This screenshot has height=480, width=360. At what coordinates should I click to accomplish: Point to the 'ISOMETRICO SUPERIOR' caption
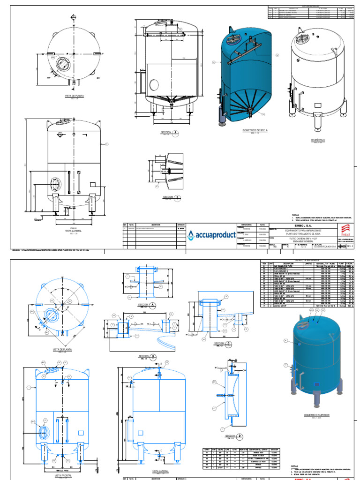[317, 415]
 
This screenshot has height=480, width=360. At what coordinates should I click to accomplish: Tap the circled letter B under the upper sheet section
[177, 198]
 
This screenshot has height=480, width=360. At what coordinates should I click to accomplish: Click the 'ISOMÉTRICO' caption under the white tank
[318, 140]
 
